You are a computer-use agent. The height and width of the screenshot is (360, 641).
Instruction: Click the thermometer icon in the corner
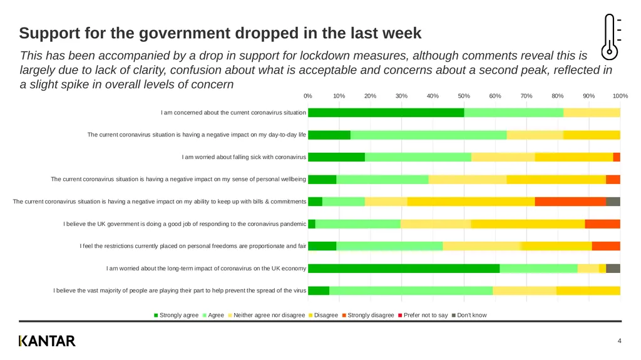tap(610, 37)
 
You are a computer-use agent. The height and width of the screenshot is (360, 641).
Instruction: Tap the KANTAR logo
tap(47, 341)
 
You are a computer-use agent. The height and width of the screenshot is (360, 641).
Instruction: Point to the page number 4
tap(619, 341)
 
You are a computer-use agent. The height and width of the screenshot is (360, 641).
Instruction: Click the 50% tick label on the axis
tap(464, 96)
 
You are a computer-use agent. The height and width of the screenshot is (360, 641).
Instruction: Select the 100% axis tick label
tap(620, 96)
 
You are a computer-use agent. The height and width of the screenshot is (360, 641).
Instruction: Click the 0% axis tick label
tap(308, 96)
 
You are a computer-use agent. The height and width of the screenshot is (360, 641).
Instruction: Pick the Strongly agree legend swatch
tap(156, 316)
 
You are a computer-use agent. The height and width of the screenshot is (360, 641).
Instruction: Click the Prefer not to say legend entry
tap(423, 315)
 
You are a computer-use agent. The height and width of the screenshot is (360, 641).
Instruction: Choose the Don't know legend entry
tap(469, 315)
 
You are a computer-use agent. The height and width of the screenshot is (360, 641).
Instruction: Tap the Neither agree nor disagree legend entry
tap(267, 315)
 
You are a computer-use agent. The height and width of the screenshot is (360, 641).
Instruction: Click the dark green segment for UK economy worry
tap(404, 269)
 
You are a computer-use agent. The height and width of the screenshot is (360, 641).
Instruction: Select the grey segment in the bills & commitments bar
tap(613, 201)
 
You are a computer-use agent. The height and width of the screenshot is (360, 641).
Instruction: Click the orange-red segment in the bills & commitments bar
tap(571, 201)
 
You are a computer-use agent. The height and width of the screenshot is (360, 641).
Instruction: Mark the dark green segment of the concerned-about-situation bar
tap(386, 113)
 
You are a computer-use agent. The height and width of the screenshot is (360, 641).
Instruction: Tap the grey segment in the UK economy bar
tap(613, 269)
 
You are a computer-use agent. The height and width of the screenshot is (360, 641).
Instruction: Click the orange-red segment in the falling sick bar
tap(617, 157)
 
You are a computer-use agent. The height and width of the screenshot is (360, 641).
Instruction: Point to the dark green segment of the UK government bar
tap(312, 224)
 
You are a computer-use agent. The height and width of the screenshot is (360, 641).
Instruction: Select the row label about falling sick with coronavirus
tap(244, 157)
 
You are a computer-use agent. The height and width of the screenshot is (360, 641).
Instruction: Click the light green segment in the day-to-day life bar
tap(428, 135)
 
